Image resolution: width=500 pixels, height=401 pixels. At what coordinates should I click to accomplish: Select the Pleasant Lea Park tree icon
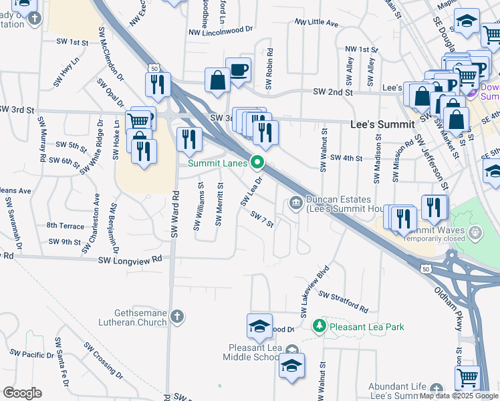pyautogui.click(x=320, y=326)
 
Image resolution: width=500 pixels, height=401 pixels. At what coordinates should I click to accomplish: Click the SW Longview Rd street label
pyautogui.click(x=130, y=259)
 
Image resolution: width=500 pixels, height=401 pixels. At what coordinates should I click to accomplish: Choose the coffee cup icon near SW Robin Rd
pyautogui.click(x=238, y=70)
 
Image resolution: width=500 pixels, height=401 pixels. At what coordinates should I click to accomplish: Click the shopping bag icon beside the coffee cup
pyautogui.click(x=217, y=80)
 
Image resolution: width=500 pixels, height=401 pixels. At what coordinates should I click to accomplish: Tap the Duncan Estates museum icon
pyautogui.click(x=295, y=203)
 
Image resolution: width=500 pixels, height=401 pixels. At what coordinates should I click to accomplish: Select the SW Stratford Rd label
pyautogui.click(x=343, y=302)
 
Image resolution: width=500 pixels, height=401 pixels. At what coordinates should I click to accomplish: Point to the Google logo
pyautogui.click(x=21, y=393)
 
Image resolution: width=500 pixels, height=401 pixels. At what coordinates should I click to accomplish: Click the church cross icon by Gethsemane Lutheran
pyautogui.click(x=176, y=316)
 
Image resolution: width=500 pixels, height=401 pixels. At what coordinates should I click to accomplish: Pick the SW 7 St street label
pyautogui.click(x=263, y=219)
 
